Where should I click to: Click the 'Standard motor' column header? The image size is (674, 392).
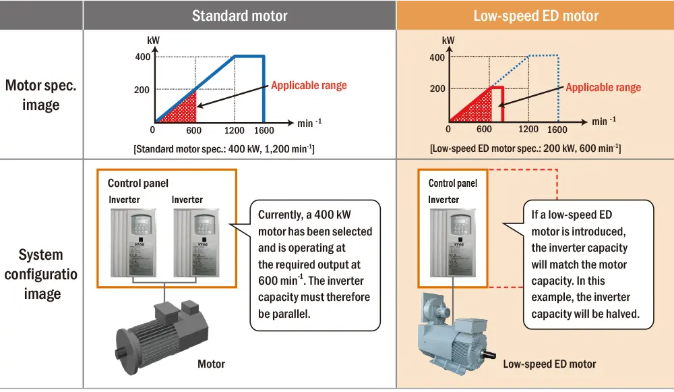[x=239, y=16]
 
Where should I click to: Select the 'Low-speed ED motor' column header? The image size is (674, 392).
[x=536, y=16]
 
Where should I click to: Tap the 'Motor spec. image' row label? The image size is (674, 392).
[x=41, y=95]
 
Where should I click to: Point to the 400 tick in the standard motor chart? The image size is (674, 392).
[x=142, y=57]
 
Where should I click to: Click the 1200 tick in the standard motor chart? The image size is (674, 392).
[x=235, y=130]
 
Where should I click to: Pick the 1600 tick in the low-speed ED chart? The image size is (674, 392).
[x=557, y=130]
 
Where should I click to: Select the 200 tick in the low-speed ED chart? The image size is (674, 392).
[x=437, y=88]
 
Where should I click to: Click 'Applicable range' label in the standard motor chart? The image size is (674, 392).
[x=309, y=86]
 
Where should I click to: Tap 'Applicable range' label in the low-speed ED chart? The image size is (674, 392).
[x=603, y=88]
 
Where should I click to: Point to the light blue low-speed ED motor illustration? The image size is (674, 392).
[x=452, y=331]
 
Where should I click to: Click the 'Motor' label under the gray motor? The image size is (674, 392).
[x=211, y=364]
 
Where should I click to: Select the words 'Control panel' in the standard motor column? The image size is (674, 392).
[x=138, y=183]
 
